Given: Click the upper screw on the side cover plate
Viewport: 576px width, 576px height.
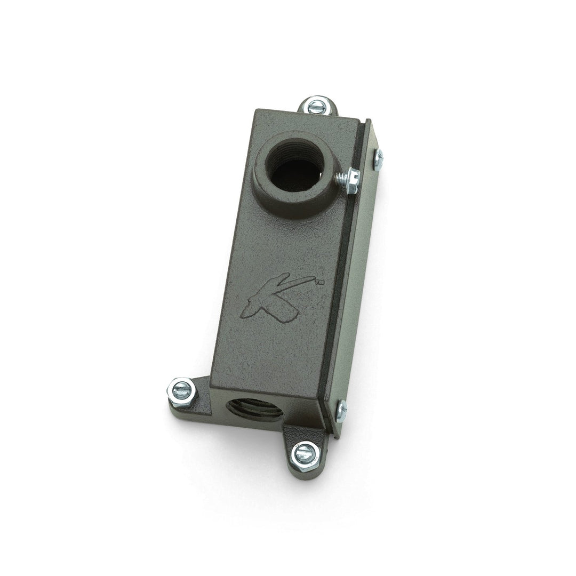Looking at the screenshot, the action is (x=378, y=159).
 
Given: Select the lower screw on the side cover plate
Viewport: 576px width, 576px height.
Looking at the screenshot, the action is (x=342, y=411).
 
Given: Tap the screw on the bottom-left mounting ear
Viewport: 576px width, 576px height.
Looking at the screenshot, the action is (x=181, y=390).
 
